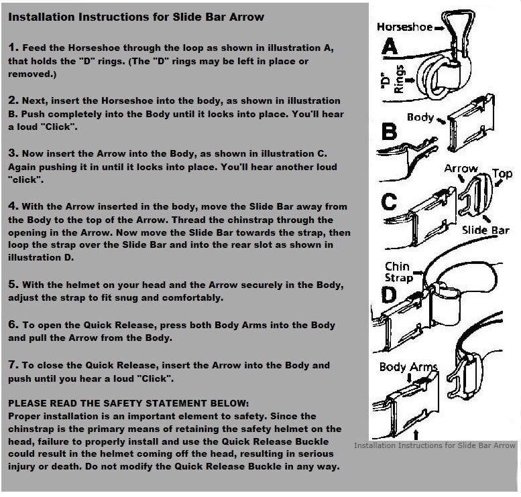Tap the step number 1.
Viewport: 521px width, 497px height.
coord(13,48)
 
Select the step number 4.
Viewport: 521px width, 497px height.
coord(13,206)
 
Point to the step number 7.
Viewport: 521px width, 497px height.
coord(13,365)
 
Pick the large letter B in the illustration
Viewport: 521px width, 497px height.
coord(390,132)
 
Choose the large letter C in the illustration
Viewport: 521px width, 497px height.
coord(390,200)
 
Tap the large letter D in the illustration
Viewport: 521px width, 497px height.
coord(390,295)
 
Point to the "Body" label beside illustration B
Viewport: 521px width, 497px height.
coord(420,118)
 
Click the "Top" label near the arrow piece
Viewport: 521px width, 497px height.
coord(502,174)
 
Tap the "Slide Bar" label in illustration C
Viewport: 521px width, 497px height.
coord(485,230)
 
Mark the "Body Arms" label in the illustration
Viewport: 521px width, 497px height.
coord(408,367)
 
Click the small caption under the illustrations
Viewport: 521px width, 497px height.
coord(435,445)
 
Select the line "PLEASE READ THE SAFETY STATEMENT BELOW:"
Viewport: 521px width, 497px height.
coord(128,403)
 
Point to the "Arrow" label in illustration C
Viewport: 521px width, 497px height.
coord(461,169)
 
